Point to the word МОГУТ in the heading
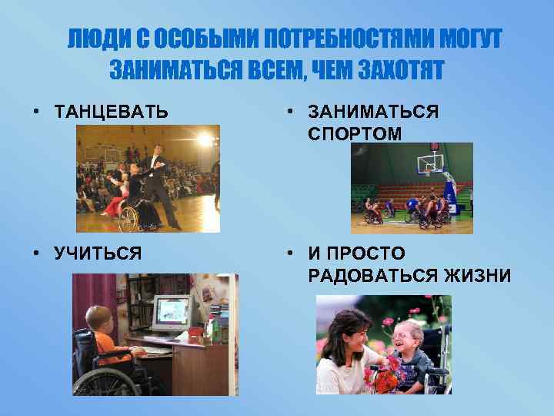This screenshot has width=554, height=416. [471, 39]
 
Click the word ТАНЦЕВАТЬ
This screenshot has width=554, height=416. [112, 112]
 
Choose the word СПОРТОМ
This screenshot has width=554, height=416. [355, 133]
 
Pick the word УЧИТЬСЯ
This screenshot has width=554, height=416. [98, 253]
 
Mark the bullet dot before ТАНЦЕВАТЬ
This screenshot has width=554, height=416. [36, 112]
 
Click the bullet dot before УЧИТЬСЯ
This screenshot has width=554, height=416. [36, 253]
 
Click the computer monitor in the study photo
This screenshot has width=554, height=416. [172, 312]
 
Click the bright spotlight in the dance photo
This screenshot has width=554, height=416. [205, 139]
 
